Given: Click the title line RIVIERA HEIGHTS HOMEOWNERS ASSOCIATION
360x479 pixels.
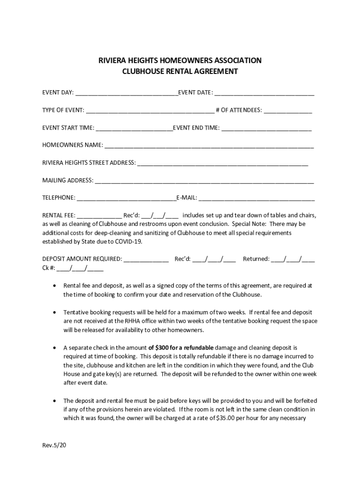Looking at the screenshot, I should tap(180, 60).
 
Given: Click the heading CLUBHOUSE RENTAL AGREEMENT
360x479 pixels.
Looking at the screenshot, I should tap(180, 72).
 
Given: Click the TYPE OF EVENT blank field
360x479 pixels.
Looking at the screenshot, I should tap(150, 111).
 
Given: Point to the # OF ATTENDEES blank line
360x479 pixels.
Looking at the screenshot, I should tap(288, 111).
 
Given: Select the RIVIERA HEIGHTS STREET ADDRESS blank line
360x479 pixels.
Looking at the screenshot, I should tap(223, 163).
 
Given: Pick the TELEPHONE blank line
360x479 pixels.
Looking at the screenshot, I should tap(126, 198).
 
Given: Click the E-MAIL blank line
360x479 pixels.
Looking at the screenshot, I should tap(257, 198).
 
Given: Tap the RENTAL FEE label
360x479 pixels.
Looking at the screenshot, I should tap(58, 216).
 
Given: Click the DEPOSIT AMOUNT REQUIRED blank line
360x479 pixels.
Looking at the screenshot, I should tap(146, 259).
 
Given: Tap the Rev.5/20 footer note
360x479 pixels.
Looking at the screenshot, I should tap(54, 445).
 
